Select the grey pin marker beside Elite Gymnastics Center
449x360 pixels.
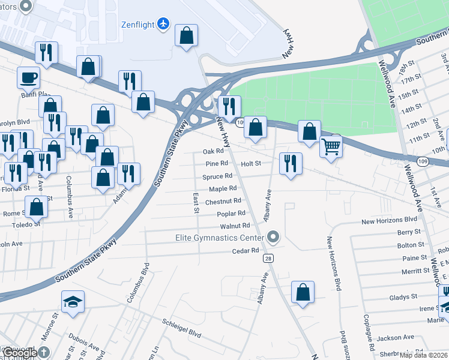tap(274, 238)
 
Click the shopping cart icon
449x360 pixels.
tap(331, 146)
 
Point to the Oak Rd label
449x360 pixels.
tap(213, 152)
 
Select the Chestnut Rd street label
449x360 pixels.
tap(223, 202)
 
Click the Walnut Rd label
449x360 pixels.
tap(234, 226)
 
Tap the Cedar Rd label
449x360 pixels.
tap(245, 250)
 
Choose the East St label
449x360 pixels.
tap(196, 203)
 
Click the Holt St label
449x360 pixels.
tap(251, 163)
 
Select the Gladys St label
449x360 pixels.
tap(403, 297)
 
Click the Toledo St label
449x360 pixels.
tap(26, 224)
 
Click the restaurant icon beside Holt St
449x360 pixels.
tap(291, 163)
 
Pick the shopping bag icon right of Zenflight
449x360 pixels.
tap(187, 35)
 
